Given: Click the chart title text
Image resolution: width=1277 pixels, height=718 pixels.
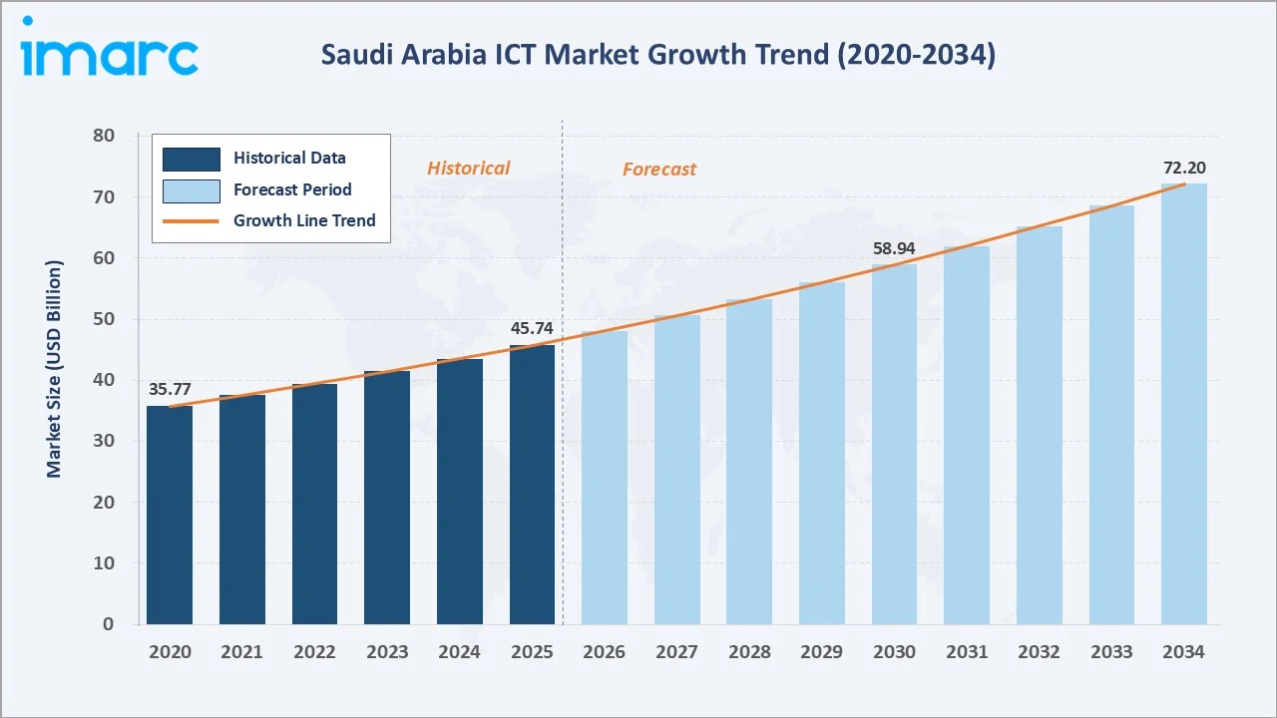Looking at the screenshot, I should (x=657, y=56).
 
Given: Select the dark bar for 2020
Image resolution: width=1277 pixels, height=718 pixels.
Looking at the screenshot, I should (x=170, y=515).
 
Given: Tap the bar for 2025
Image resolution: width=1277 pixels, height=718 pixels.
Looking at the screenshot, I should (x=532, y=485).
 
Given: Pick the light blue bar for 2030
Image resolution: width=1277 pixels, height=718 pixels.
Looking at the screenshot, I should (x=894, y=444).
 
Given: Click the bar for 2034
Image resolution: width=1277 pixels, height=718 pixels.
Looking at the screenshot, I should (x=1183, y=404).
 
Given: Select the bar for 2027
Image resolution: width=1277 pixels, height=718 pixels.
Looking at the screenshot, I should (x=677, y=470).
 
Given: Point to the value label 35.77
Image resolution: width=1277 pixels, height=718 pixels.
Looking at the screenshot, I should (x=170, y=389).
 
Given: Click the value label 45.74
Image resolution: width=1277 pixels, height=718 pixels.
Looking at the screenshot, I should (x=531, y=328).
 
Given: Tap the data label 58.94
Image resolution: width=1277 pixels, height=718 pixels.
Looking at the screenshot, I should (x=894, y=248).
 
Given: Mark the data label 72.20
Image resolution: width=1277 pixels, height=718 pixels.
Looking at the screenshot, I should (x=1184, y=168).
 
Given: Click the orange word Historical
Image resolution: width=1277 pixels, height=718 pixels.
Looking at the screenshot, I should (x=468, y=169).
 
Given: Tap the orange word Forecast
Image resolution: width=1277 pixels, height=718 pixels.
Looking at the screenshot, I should (x=659, y=170).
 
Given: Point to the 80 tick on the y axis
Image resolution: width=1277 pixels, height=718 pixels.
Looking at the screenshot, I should (x=103, y=136).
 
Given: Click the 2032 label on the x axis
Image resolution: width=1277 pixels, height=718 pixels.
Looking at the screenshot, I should (x=1039, y=652).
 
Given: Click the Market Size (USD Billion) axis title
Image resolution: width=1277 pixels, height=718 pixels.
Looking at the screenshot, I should (x=54, y=369).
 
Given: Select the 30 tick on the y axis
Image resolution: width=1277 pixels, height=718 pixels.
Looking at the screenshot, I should (x=103, y=441).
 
